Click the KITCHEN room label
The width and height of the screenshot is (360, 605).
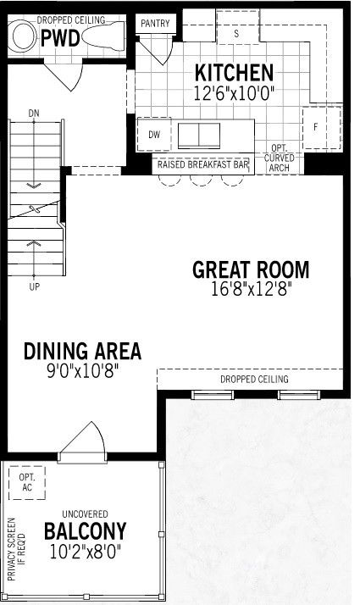[234, 73]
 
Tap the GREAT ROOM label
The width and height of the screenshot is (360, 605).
[251, 269]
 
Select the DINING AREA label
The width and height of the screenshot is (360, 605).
[82, 351]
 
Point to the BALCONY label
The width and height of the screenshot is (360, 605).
[86, 531]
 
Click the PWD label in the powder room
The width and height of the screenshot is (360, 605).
[60, 38]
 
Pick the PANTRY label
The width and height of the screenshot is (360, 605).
[155, 24]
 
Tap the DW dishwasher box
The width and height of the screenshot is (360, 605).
[154, 134]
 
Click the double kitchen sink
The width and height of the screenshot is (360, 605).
[199, 136]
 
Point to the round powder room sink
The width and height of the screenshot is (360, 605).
[24, 36]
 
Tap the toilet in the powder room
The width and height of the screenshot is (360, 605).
[103, 36]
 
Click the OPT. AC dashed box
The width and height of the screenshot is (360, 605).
[27, 483]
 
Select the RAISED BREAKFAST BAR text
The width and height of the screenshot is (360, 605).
[203, 164]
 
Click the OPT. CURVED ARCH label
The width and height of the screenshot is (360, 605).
[279, 158]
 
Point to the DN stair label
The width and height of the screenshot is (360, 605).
[34, 114]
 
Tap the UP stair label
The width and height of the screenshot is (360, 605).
[35, 286]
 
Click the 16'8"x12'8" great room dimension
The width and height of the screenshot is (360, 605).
[251, 289]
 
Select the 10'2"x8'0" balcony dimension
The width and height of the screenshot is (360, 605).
[86, 552]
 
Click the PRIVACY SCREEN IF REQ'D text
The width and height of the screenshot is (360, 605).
[16, 549]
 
